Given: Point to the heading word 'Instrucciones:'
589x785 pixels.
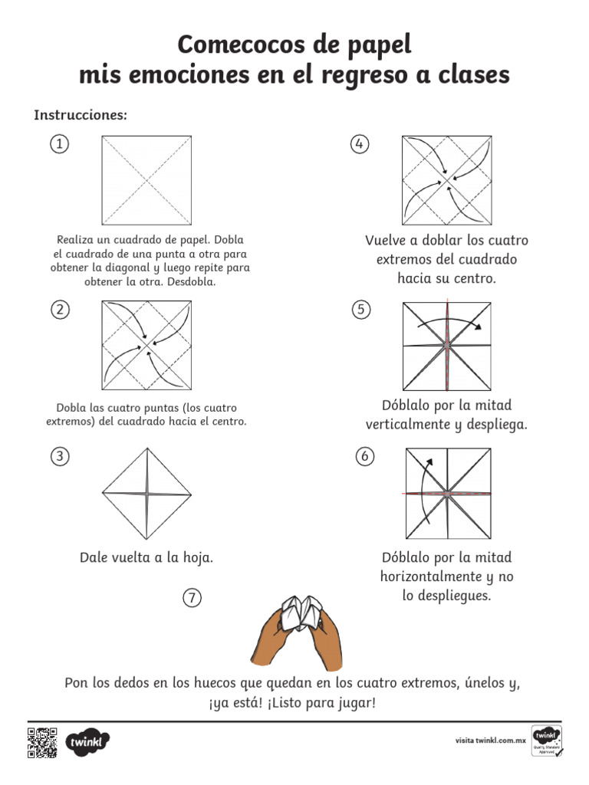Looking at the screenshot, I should (80, 115).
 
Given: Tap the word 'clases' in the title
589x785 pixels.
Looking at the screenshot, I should (472, 75).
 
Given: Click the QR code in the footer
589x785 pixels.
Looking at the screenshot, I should (42, 742).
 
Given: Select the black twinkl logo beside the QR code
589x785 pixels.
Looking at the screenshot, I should (88, 742).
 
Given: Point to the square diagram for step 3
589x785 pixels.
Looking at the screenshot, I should (146, 494).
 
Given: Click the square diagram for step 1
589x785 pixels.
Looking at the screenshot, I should (146, 179).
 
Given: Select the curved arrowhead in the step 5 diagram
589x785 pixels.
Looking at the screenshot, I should (479, 327).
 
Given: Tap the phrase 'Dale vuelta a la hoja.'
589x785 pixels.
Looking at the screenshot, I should (146, 557).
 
